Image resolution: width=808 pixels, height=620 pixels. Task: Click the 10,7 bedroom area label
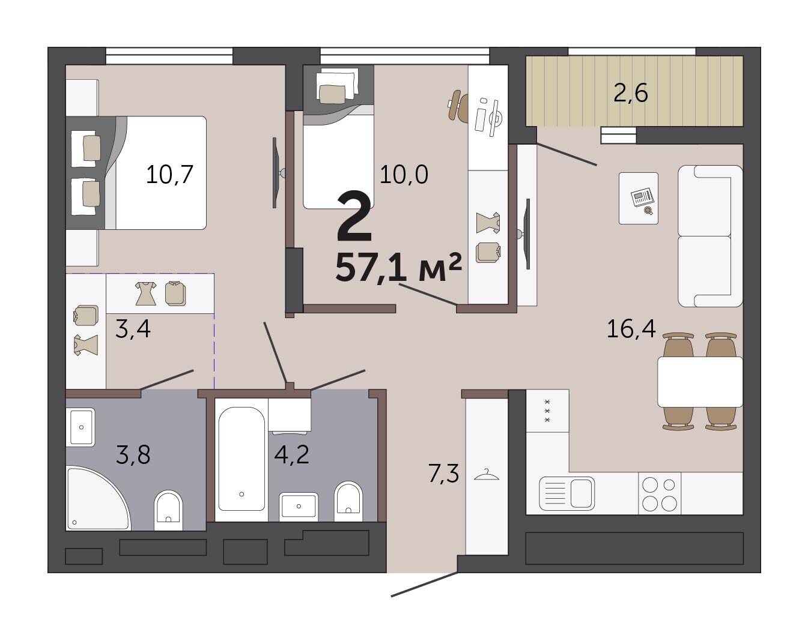click(x=169, y=174)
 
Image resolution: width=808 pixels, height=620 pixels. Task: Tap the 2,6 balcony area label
click(x=631, y=93)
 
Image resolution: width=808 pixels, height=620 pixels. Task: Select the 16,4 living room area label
click(x=631, y=329)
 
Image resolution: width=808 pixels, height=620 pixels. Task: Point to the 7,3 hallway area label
click(x=443, y=474)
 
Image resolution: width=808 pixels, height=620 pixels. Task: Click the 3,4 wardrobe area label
click(x=133, y=329)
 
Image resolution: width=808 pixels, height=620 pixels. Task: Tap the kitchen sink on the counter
click(x=567, y=493)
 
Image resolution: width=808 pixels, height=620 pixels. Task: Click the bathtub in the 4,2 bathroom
click(x=241, y=459)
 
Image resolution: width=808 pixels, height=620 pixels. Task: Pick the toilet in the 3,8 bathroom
click(x=168, y=510)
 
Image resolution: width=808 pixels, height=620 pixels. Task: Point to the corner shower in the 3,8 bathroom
click(x=97, y=498)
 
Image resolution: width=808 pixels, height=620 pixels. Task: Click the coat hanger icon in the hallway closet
click(x=487, y=475)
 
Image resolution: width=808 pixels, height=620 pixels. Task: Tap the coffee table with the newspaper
click(x=638, y=198)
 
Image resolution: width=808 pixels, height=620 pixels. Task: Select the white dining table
click(x=700, y=382)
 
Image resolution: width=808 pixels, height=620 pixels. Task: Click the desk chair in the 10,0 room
click(x=458, y=106)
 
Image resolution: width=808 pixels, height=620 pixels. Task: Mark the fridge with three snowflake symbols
click(x=547, y=411)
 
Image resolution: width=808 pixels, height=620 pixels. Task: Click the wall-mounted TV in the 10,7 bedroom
click(x=277, y=173)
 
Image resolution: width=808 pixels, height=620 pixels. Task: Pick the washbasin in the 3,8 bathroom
click(x=80, y=427)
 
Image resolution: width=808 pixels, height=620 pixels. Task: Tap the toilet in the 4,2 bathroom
click(x=348, y=502)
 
